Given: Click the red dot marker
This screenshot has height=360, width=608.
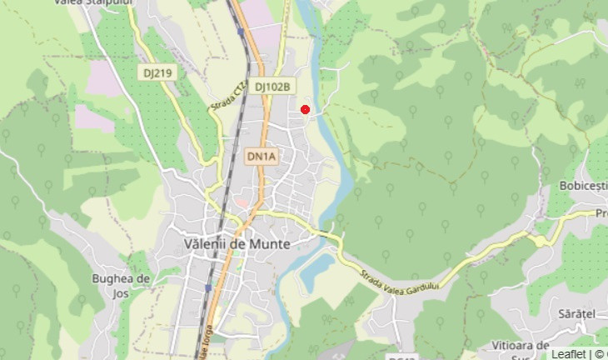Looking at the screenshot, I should pyautogui.click(x=305, y=109).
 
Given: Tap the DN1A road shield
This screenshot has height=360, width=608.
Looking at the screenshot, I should pyautogui.click(x=261, y=156).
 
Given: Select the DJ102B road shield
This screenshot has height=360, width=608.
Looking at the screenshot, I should pyautogui.click(x=272, y=86).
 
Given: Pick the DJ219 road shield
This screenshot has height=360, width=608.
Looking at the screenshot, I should pyautogui.click(x=157, y=73).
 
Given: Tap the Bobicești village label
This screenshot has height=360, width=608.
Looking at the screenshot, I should pyautogui.click(x=584, y=185).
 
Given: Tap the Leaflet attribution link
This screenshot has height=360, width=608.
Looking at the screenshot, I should pyautogui.click(x=568, y=353).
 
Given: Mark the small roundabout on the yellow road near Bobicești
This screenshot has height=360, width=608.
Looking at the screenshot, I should pyautogui.click(x=541, y=241).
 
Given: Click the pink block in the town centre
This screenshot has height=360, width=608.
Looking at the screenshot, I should pyautogui.click(x=241, y=202).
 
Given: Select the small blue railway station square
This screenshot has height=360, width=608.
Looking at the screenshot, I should pyautogui.click(x=208, y=287).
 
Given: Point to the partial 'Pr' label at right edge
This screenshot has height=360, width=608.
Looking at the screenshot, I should pyautogui.click(x=601, y=213).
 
